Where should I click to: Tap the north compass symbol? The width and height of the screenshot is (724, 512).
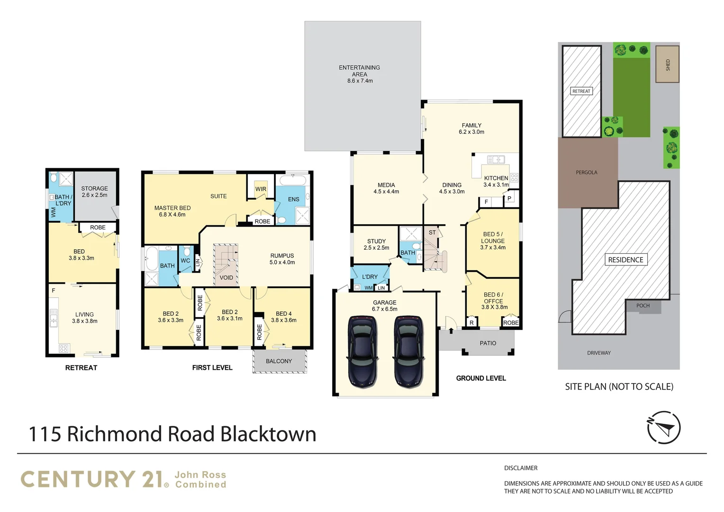(663, 427)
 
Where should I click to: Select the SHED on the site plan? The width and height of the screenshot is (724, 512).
(667, 64)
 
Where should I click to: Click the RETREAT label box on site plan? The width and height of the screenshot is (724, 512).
(581, 91)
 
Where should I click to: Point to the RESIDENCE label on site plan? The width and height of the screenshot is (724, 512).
(625, 260)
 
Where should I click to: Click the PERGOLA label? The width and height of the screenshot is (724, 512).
(587, 173)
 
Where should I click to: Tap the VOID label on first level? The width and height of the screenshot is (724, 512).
(226, 278)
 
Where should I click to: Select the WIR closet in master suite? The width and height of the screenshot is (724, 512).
(261, 189)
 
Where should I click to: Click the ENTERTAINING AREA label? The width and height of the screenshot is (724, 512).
(360, 71)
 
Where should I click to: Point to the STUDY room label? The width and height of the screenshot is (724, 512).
(376, 241)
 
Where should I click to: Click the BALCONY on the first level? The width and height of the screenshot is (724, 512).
(279, 361)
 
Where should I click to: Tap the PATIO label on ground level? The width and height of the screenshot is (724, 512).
(488, 343)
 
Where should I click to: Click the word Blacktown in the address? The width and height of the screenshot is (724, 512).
(268, 434)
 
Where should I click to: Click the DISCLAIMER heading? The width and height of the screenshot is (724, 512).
(521, 468)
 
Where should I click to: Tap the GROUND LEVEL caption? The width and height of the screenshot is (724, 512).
(481, 378)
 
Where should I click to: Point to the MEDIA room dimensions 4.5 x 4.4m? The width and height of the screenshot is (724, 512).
(386, 192)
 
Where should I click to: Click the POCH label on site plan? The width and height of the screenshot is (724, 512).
(643, 306)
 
